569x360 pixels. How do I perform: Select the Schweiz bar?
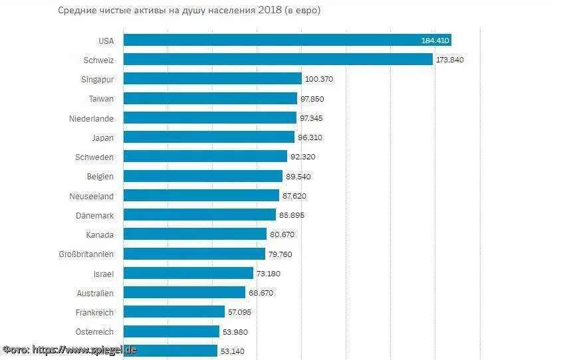278,60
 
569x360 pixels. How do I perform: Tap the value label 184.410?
435,41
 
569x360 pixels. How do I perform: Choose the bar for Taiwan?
210,98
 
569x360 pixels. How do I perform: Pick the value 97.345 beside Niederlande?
314,118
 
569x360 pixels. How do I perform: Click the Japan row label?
102,137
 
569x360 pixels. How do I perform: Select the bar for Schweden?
205,157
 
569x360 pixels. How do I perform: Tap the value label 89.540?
298,177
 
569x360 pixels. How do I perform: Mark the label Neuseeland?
91,196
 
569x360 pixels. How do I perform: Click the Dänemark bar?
199,215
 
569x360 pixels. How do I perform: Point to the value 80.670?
283,234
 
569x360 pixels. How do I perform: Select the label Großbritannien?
86,254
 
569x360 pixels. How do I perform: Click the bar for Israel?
189,273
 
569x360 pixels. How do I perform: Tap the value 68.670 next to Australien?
261,293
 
